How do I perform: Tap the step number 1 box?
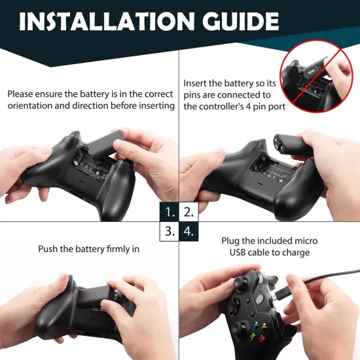click(170, 211)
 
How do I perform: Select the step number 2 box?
click(189, 211)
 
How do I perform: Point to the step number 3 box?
click(170, 231)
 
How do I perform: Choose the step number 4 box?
click(189, 231)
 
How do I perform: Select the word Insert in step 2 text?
click(196, 84)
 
